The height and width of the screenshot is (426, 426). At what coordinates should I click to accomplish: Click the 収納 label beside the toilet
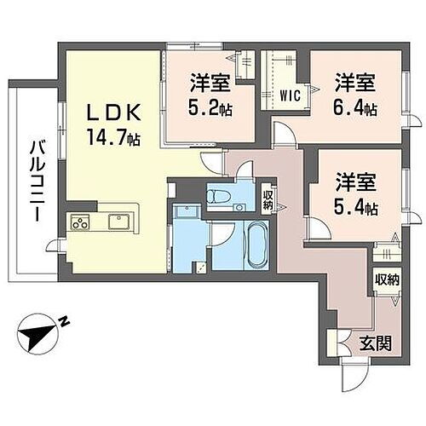tap(268, 199)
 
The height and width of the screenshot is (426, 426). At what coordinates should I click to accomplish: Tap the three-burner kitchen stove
tap(81, 224)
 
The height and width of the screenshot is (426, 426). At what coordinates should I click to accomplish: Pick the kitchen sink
tap(118, 224)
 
